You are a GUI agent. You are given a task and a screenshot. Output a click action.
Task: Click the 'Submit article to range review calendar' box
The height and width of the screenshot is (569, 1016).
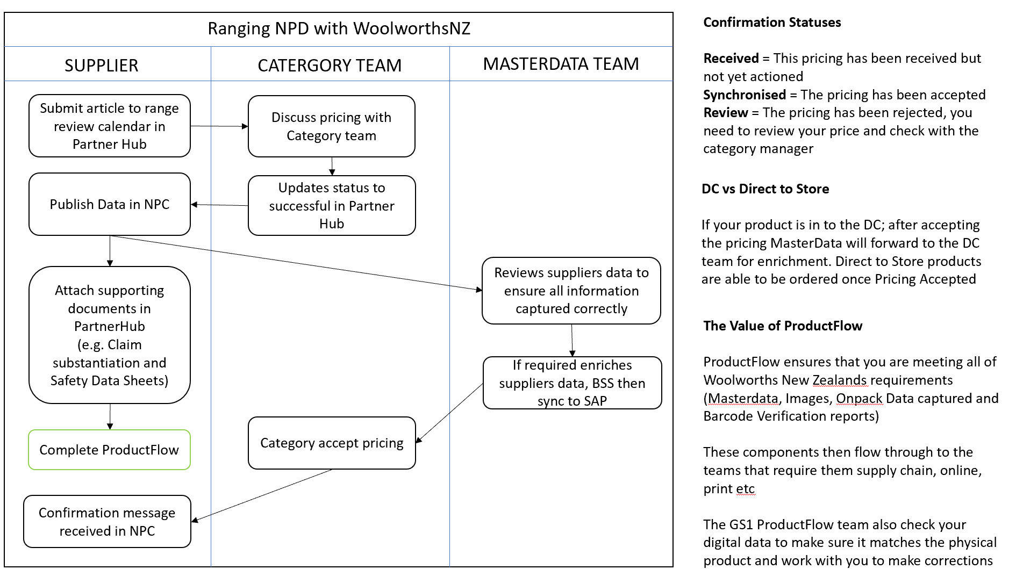coord(109,126)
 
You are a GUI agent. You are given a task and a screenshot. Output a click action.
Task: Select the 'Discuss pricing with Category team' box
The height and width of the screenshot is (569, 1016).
coord(331,126)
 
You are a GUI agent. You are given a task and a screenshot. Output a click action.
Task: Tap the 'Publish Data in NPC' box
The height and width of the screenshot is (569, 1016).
coord(109,204)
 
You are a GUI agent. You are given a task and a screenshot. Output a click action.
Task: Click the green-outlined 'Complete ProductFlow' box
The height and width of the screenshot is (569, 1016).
coord(109,450)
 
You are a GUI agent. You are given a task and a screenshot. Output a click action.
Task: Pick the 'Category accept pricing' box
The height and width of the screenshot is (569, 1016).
coord(332,443)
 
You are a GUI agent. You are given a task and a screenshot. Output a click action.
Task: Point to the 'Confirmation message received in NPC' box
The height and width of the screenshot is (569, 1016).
coord(107,521)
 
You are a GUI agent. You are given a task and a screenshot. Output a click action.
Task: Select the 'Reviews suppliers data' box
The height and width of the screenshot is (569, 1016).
coord(571,290)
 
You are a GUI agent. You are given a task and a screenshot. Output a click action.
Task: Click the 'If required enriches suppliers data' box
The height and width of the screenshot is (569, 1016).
coord(572,383)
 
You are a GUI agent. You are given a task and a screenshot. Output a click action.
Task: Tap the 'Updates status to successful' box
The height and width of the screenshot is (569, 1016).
coord(332,205)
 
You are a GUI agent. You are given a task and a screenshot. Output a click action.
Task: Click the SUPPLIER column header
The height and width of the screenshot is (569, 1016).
coord(102,65)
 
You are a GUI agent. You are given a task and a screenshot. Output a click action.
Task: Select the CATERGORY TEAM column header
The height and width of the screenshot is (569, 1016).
coord(330,65)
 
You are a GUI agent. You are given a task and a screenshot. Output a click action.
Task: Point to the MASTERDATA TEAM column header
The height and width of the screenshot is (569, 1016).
coord(561,64)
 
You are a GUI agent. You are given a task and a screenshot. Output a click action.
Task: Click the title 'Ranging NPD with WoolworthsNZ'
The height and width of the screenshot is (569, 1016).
coord(339,28)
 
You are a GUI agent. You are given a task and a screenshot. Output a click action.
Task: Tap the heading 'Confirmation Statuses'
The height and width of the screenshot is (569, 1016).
coord(772,22)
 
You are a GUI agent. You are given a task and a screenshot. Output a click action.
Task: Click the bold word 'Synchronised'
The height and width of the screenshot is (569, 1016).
coord(745,95)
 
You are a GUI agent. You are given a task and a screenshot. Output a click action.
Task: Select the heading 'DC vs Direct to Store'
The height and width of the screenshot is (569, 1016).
coord(765,189)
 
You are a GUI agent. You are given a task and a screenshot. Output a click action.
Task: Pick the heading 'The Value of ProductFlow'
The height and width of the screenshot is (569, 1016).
coord(783,326)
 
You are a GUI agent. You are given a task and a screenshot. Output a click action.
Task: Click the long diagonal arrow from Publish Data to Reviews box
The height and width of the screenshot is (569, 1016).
coord(296,263)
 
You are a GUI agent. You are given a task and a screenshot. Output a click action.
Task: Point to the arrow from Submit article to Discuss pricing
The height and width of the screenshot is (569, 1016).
coord(219,126)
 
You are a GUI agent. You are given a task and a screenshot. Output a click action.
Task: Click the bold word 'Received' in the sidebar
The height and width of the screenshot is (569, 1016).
coord(731,58)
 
